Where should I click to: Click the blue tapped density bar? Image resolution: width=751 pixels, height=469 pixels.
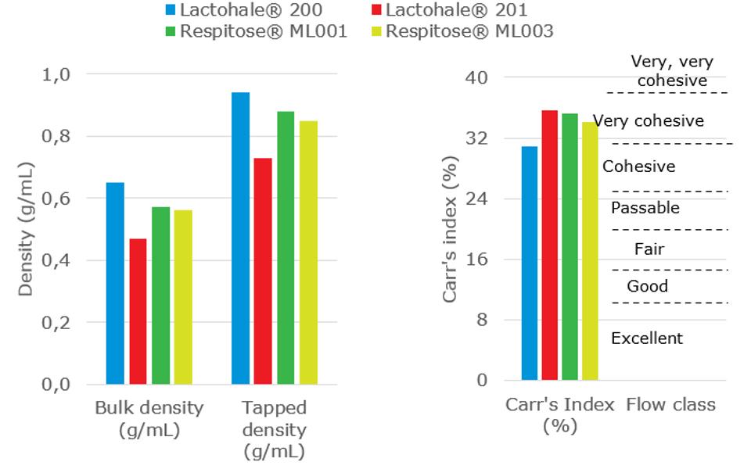tap(240, 238)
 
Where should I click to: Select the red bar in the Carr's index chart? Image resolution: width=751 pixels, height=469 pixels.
tap(550, 245)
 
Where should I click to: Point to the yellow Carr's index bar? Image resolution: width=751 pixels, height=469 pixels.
tap(589, 251)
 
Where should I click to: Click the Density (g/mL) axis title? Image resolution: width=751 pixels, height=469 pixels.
tap(25, 229)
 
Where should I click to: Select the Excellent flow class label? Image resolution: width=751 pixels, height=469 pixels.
tap(647, 338)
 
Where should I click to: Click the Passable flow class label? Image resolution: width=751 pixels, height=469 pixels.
tap(645, 208)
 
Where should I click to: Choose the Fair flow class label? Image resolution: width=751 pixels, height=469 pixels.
tap(649, 250)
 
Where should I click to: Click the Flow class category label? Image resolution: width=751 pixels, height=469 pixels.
tap(670, 405)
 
